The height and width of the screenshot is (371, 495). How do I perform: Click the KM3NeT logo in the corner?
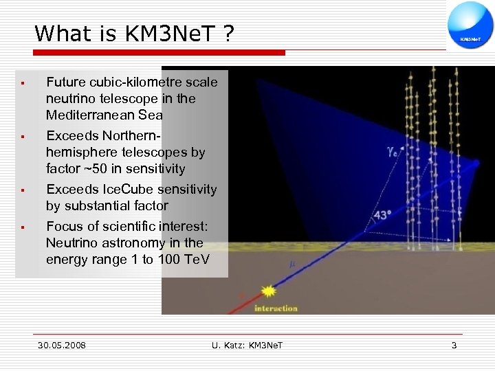470,25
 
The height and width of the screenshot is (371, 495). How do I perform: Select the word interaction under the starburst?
276,308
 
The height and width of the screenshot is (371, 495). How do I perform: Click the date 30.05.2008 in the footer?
62,345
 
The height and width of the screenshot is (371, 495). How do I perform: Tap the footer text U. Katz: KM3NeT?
247,345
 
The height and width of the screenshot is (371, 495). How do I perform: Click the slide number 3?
454,345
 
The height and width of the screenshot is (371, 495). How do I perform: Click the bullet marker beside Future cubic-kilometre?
23,82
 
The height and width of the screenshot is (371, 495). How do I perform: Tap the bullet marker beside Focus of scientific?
23,227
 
